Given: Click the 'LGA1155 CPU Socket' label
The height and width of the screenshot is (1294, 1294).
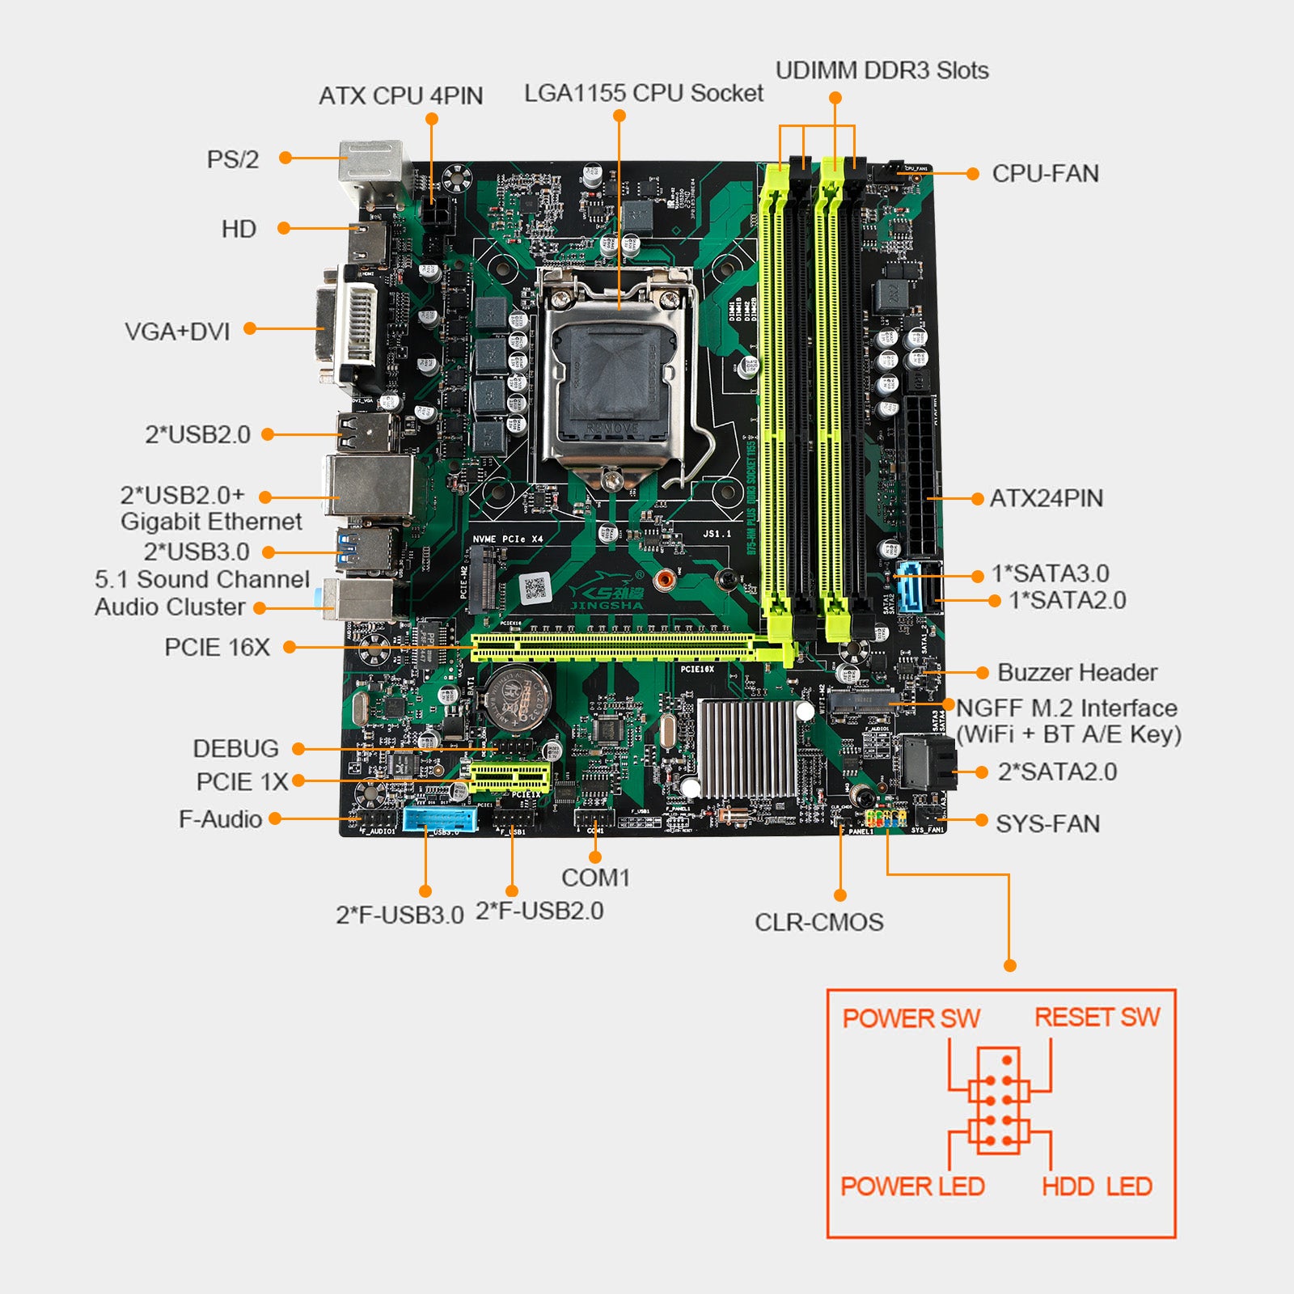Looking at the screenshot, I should click(x=643, y=94).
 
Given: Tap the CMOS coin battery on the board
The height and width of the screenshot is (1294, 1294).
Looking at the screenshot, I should click(x=518, y=694).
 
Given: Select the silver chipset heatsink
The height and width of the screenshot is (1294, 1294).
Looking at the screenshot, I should click(x=748, y=749).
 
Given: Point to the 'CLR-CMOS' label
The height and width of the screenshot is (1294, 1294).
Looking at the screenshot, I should click(x=818, y=922).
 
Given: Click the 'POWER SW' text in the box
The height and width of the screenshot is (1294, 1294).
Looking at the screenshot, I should click(x=911, y=1018).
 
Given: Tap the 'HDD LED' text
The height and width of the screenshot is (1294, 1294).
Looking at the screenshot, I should click(x=1097, y=1186).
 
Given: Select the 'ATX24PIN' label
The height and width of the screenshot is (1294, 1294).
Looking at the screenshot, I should click(x=1046, y=498).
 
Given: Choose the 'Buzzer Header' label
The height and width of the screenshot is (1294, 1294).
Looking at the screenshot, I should click(x=1076, y=673).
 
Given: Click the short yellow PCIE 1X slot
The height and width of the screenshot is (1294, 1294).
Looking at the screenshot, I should click(x=510, y=778).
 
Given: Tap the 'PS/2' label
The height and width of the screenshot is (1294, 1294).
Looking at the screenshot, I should click(x=233, y=159).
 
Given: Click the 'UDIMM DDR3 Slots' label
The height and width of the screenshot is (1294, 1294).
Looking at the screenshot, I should click(x=882, y=70).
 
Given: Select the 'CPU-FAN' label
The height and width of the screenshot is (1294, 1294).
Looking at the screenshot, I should click(x=1045, y=174).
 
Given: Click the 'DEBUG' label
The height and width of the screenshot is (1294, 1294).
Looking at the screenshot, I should click(x=235, y=749).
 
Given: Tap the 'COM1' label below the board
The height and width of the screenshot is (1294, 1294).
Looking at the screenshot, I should click(x=595, y=877).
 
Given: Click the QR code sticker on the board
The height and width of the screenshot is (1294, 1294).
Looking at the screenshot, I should click(x=535, y=588).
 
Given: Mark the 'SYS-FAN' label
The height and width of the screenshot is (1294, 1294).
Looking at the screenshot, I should click(x=1047, y=824).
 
